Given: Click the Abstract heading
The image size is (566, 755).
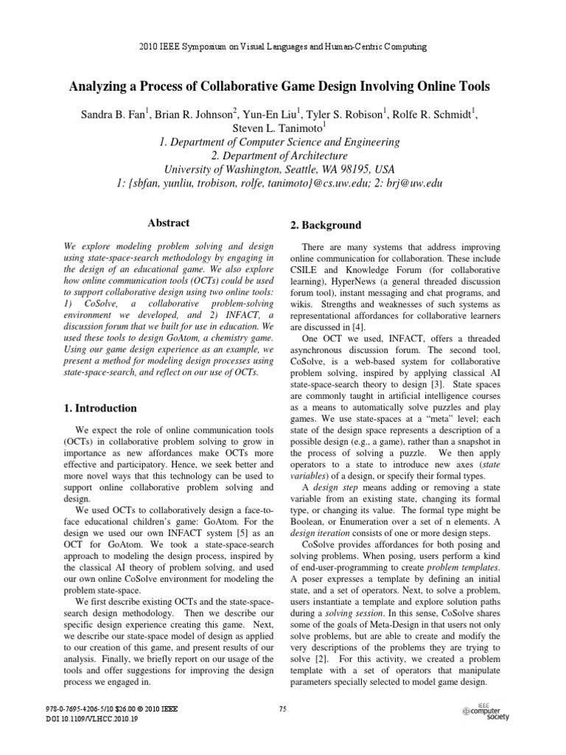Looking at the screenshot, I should tap(169, 223).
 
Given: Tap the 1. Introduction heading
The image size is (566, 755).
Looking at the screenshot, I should tap(97, 408).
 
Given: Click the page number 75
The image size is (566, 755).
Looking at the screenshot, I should tap(283, 709).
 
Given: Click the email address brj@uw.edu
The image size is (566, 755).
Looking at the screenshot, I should tap(417, 184).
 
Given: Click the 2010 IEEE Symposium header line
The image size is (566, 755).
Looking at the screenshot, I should tap(283, 47).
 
